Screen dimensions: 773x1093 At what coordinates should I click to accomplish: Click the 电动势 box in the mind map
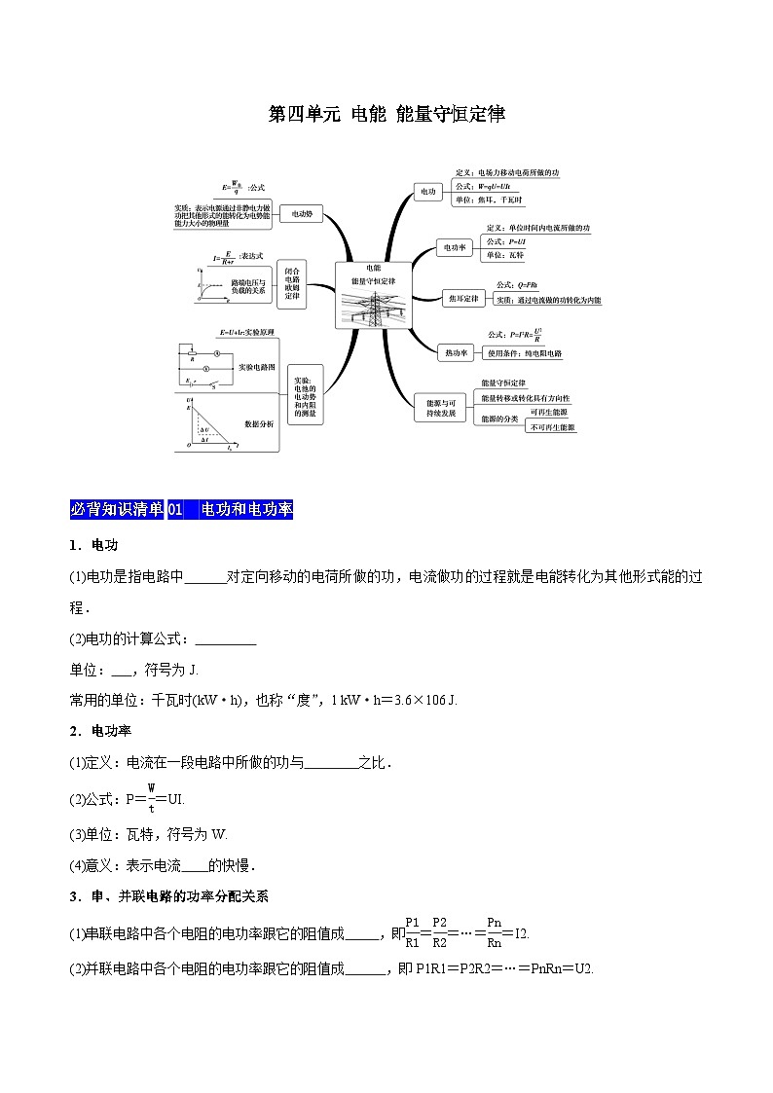pos(302,213)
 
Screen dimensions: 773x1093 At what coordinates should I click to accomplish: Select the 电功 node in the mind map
pos(427,192)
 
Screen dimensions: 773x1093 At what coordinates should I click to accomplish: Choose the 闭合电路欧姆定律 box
pos(294,283)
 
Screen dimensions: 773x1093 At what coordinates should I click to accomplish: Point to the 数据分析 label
pos(259,423)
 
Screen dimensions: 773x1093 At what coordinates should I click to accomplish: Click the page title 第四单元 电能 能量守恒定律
pos(386,115)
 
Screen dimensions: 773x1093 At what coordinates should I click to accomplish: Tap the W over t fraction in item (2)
pos(152,797)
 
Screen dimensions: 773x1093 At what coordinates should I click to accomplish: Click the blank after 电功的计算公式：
pos(226,639)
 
